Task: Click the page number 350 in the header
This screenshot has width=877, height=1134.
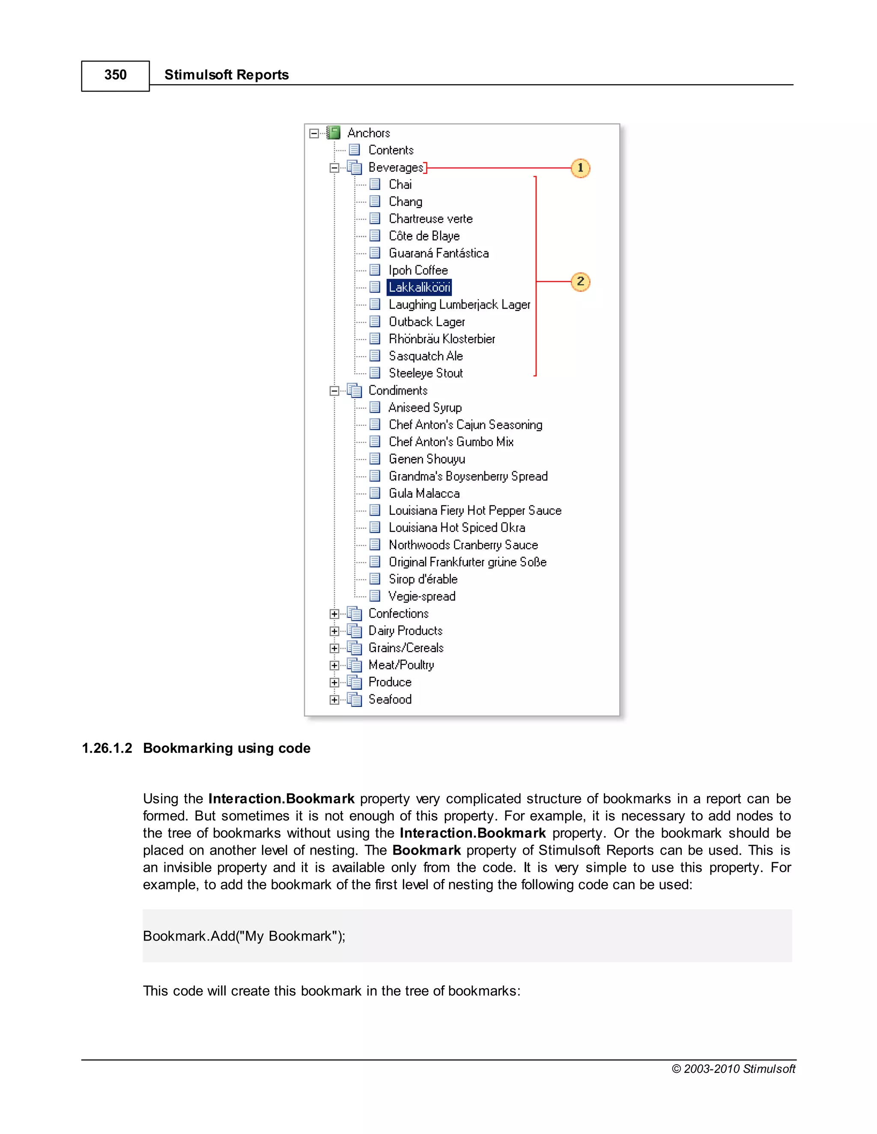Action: (x=115, y=75)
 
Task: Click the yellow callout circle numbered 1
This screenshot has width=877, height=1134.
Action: (x=580, y=168)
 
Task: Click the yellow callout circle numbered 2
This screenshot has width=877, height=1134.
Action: (x=580, y=282)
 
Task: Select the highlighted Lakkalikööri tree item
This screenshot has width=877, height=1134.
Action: (x=419, y=287)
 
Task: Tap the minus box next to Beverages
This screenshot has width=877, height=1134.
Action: (x=334, y=168)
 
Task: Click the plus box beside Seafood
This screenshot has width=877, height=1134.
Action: (x=334, y=700)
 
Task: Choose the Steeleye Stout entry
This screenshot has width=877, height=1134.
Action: (x=426, y=373)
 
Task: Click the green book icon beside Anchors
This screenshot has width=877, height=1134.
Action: (x=334, y=133)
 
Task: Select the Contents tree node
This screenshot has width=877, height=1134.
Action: (x=391, y=150)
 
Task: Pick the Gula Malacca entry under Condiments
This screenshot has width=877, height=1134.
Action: (x=424, y=493)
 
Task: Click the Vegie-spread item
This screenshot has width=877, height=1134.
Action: (x=422, y=596)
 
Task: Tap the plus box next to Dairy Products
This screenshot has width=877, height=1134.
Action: (x=334, y=631)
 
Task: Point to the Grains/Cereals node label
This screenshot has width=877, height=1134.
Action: (x=406, y=648)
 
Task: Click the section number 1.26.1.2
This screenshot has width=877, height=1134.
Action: (x=107, y=748)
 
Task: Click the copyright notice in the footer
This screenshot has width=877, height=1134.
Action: (x=733, y=1069)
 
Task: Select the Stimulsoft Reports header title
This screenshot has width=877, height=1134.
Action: (x=227, y=75)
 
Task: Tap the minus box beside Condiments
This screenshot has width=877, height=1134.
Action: (x=334, y=391)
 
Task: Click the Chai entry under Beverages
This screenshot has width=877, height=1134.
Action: (x=400, y=184)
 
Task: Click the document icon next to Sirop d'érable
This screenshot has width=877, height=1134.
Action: (x=375, y=579)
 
